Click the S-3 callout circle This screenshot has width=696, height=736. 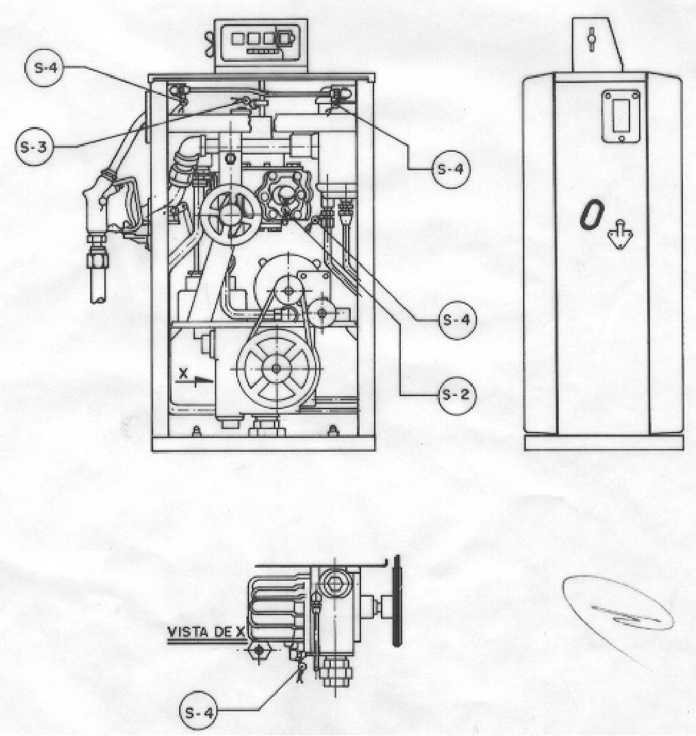pos(34,146)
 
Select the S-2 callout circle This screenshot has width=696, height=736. pos(457,395)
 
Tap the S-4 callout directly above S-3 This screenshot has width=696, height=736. pos(44,67)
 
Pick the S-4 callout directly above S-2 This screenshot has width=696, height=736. pos(457,320)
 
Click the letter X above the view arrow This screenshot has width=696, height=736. pos(183,373)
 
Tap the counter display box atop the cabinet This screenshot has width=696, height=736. pos(261,45)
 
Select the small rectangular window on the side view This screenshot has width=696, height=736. pos(621,115)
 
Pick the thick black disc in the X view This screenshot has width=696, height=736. pos(397,601)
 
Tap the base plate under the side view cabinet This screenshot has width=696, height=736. pos(604,443)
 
